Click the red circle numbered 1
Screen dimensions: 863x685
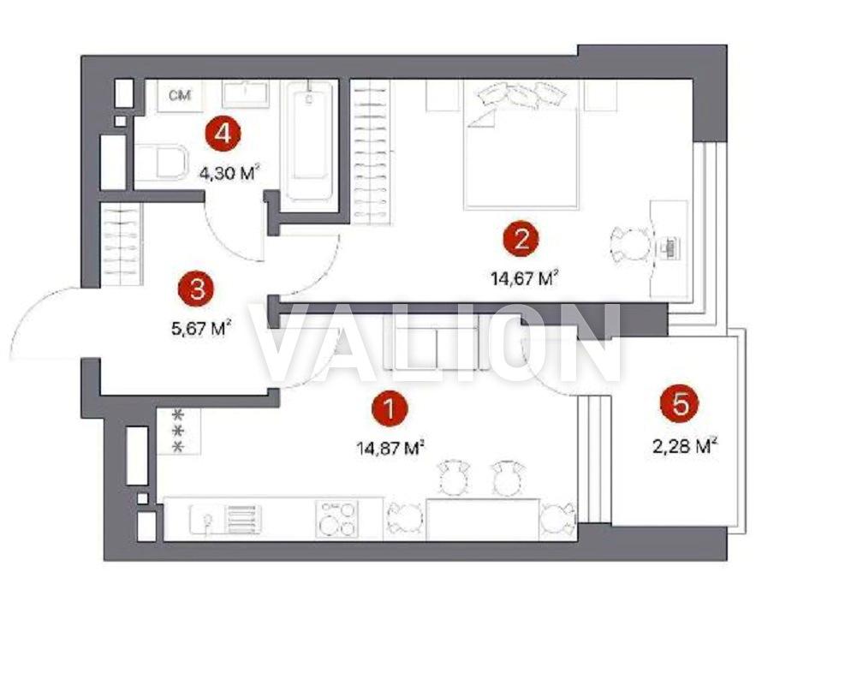click(390, 409)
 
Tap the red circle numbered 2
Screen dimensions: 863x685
click(521, 239)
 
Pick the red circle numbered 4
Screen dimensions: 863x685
click(223, 134)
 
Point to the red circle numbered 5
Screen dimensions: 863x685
click(681, 405)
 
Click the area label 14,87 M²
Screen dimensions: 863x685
click(390, 448)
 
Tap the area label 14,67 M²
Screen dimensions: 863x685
click(525, 278)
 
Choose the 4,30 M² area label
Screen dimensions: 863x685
click(229, 174)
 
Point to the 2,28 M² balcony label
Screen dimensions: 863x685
click(685, 445)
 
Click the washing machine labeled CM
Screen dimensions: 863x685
click(180, 96)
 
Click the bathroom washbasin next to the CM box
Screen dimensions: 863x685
click(246, 94)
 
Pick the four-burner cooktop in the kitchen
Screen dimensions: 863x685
click(336, 519)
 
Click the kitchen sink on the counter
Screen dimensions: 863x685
click(205, 520)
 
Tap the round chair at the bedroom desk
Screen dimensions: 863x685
click(631, 245)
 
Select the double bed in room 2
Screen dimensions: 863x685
click(521, 145)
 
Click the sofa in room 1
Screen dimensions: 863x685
click(435, 342)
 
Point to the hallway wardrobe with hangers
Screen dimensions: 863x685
click(121, 245)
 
